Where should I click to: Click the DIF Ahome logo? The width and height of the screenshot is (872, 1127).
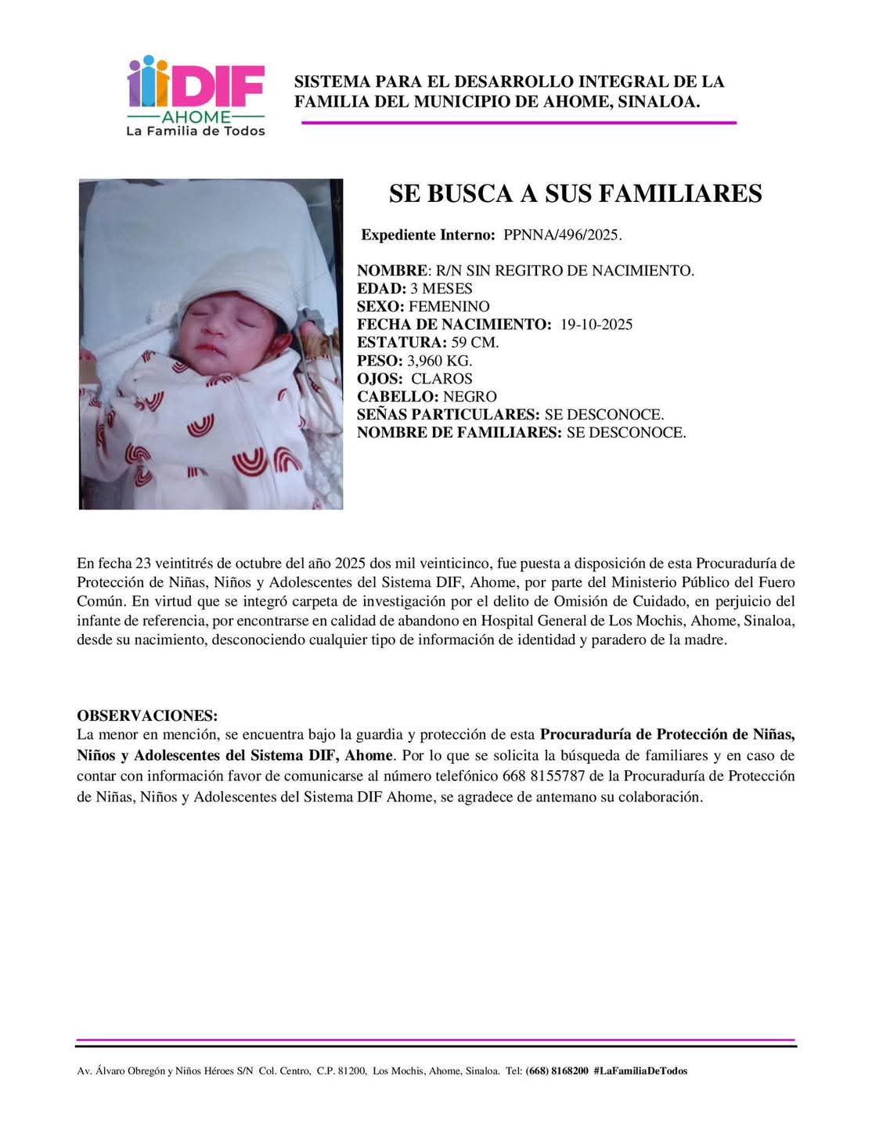[x=196, y=86]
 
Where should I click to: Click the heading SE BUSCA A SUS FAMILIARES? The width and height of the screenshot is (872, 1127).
[x=575, y=193]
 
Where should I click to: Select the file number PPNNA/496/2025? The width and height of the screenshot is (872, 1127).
[x=562, y=235]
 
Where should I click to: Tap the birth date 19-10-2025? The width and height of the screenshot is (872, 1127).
[x=596, y=325]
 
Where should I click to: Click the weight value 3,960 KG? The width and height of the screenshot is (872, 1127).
[x=439, y=361]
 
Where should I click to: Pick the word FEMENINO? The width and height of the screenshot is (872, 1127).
[x=449, y=307]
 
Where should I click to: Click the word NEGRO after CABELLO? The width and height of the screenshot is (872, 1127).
[x=470, y=397]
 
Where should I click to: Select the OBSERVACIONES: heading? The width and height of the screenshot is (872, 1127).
[x=147, y=716]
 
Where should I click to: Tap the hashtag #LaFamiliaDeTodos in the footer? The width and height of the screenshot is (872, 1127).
[x=640, y=1071]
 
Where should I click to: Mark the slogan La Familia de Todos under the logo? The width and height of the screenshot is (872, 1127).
[x=196, y=131]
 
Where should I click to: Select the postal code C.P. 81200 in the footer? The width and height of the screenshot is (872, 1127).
[x=341, y=1071]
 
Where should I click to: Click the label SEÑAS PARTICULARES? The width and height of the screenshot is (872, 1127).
[x=448, y=415]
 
